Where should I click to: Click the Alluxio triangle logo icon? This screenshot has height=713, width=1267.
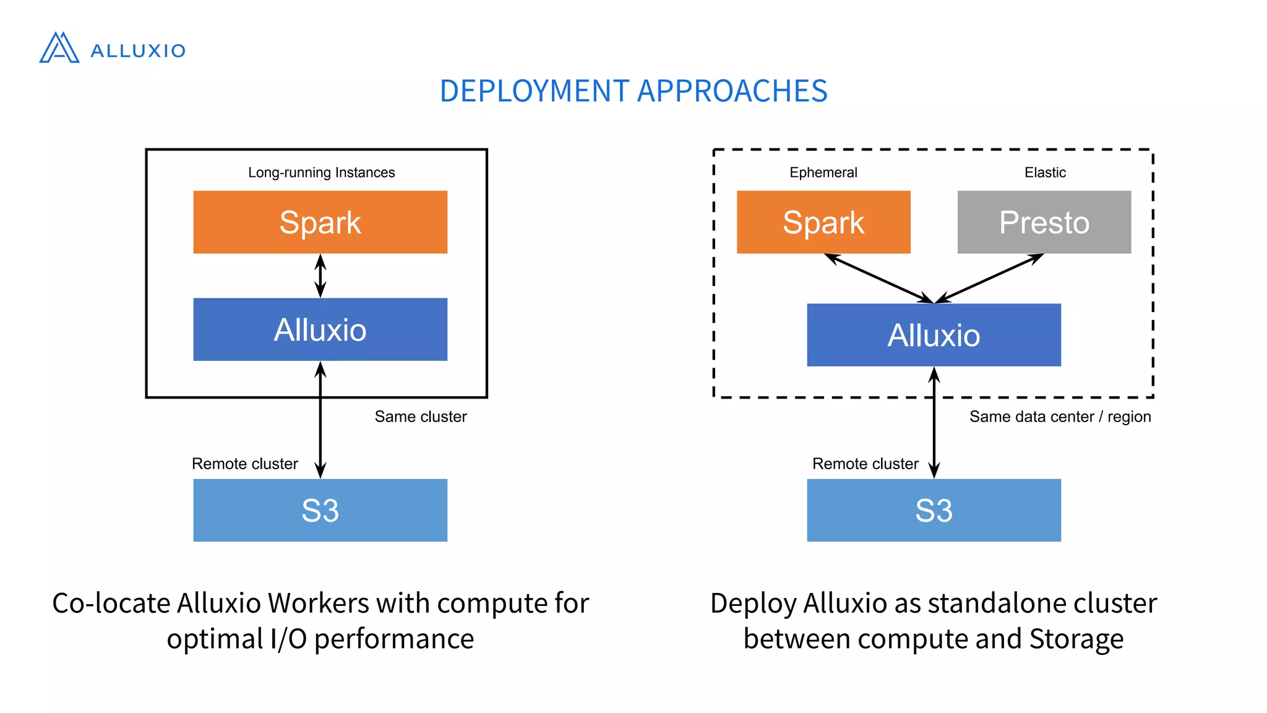[x=59, y=48]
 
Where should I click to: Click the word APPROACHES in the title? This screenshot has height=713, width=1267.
[x=732, y=91]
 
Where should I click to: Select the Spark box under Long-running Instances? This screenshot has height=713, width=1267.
[x=320, y=222]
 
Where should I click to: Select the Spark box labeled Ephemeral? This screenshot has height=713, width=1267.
[x=823, y=222]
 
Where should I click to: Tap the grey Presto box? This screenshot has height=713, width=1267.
[x=1044, y=222]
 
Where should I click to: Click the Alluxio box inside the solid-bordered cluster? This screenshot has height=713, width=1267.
[x=320, y=329]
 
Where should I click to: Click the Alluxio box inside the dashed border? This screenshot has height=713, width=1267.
[x=934, y=335]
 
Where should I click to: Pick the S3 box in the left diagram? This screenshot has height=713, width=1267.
[x=320, y=510]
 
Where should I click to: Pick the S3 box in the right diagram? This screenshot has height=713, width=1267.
[x=934, y=510]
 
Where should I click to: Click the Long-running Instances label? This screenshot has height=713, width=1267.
[x=321, y=173]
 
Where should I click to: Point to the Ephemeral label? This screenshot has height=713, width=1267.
[x=823, y=173]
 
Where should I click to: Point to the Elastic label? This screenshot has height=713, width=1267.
[x=1045, y=173]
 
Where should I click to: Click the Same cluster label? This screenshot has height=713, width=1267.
[x=421, y=417]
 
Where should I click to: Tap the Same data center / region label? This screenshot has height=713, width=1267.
[x=1060, y=417]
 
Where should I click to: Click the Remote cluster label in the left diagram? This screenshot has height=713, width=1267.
[x=244, y=464]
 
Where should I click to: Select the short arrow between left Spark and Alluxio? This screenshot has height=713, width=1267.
[x=320, y=276]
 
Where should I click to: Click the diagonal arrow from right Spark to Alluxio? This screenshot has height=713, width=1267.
[x=878, y=279]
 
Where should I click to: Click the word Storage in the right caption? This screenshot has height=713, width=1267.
[x=1076, y=639]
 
